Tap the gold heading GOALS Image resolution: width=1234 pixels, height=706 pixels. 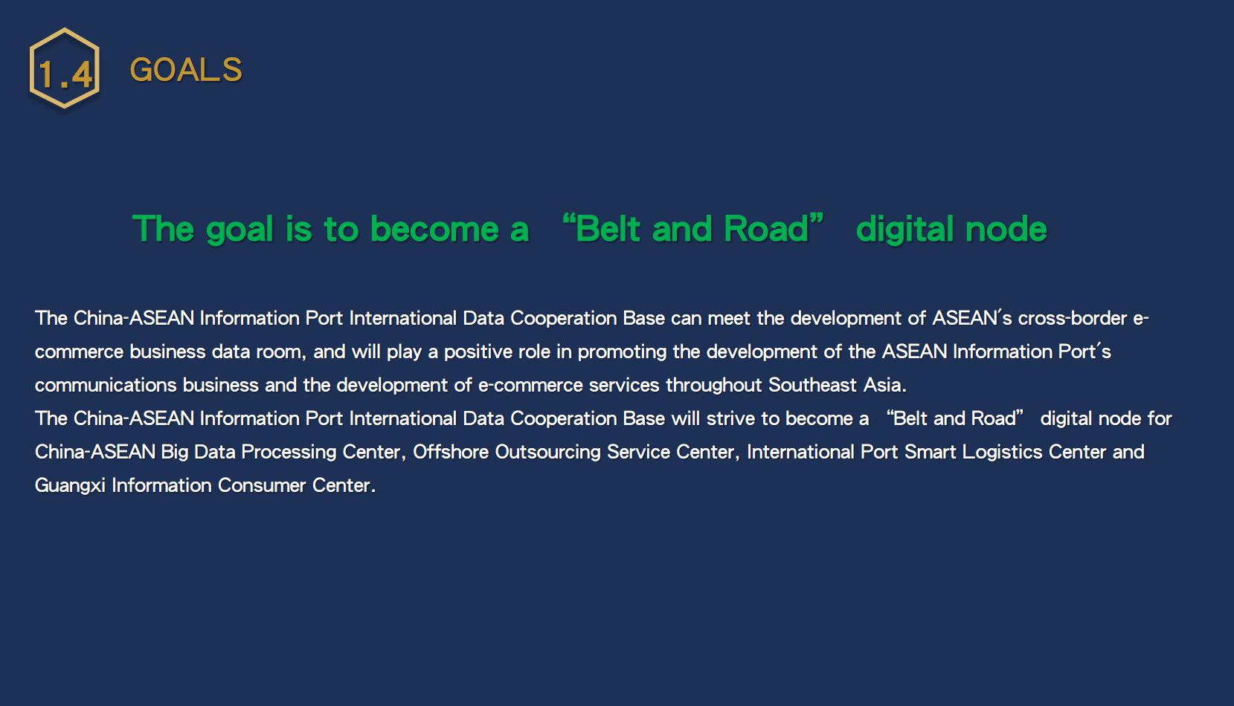click(186, 70)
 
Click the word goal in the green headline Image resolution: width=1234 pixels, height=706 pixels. click(239, 230)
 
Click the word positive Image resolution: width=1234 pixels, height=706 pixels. click(478, 352)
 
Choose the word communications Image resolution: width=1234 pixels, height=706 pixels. click(106, 385)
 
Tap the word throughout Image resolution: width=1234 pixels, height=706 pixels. click(714, 385)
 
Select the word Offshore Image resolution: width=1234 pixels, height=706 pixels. click(451, 453)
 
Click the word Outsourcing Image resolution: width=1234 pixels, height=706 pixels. click(547, 453)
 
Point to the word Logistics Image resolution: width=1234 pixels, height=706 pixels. click(1002, 453)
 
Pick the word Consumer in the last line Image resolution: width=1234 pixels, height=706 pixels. click(262, 486)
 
